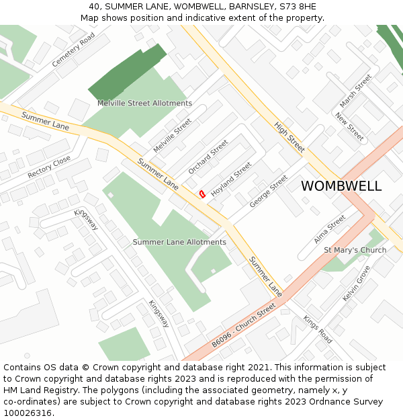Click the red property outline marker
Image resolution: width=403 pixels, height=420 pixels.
[201, 194]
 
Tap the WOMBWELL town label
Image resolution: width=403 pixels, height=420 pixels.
[341, 186]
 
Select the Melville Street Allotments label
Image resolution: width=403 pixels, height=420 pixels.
[144, 103]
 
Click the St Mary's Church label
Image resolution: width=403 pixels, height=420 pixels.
[355, 250]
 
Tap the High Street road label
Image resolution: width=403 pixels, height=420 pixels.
[289, 136]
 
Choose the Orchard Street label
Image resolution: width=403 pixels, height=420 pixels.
[208, 157]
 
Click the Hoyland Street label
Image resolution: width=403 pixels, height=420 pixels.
[231, 179]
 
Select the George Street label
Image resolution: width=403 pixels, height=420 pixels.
[268, 191]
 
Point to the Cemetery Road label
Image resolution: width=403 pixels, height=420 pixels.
[73, 50]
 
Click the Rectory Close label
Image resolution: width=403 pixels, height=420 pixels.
[49, 167]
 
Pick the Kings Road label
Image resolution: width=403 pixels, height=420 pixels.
[317, 329]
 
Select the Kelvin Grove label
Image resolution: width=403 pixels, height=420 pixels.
[356, 284]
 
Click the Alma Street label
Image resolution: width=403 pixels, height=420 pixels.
[329, 229]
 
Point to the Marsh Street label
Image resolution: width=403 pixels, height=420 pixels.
[355, 91]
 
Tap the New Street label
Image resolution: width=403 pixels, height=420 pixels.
[349, 126]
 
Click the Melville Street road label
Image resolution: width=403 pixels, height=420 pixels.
[172, 135]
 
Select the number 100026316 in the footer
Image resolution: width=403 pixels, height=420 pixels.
[27, 413]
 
